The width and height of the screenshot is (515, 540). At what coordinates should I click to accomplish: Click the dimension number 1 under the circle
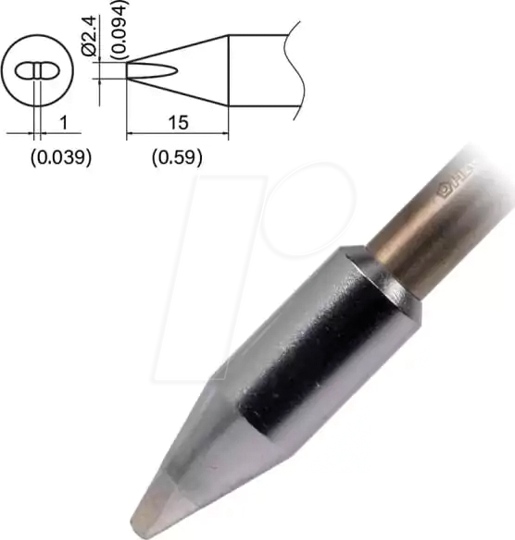click(x=61, y=122)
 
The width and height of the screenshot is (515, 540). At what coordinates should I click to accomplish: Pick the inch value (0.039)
click(x=60, y=156)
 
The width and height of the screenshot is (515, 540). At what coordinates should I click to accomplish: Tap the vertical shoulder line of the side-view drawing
click(x=229, y=70)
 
